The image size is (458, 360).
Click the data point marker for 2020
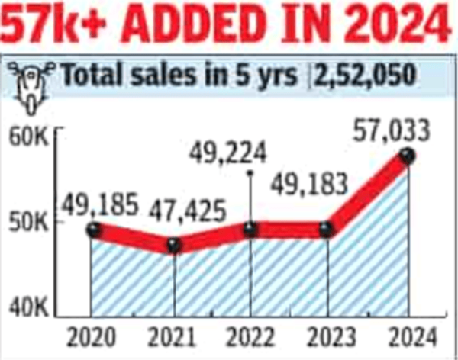(x=92, y=229)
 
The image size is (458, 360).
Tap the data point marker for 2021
(x=174, y=245)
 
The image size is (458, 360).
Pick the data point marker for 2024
(x=408, y=156)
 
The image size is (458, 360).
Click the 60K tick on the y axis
(x=31, y=138)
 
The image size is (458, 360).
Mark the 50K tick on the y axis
(x=31, y=223)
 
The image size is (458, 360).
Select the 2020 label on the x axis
(x=92, y=336)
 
